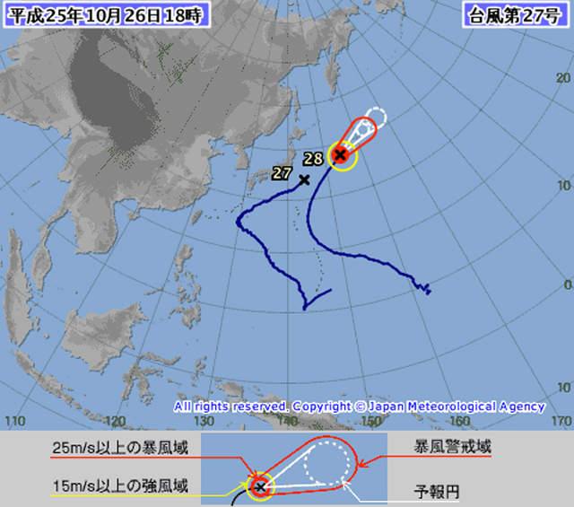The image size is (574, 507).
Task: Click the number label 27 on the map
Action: pos(283,171)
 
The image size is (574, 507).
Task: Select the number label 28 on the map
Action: pos(313,159)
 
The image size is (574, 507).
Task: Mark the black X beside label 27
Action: pos(304,179)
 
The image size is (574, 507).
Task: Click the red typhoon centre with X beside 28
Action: pos(341,155)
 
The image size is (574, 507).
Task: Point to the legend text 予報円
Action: pos(433,491)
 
